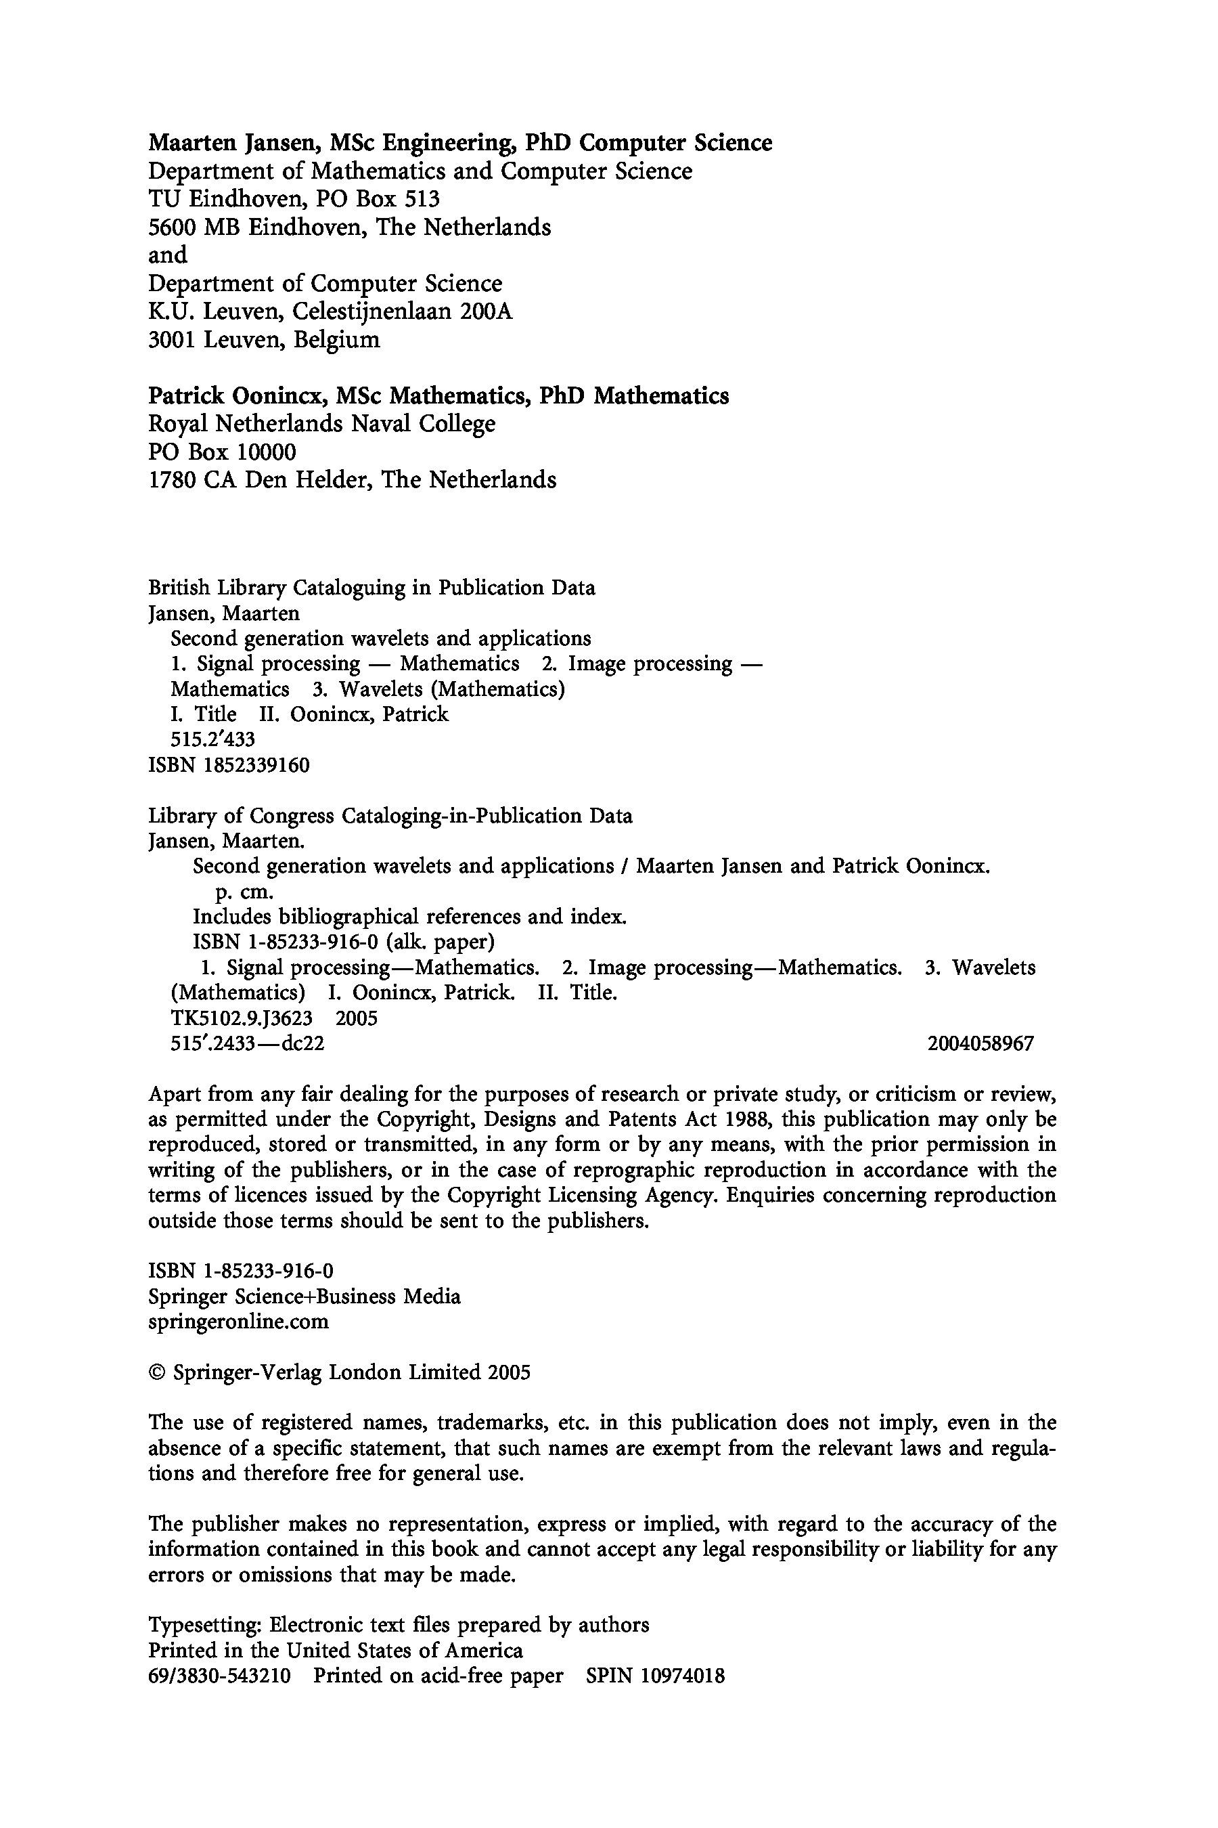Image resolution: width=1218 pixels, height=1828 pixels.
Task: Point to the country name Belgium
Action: tap(336, 341)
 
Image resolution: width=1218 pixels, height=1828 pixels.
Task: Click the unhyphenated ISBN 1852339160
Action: tap(256, 766)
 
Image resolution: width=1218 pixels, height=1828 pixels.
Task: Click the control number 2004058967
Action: tap(980, 1044)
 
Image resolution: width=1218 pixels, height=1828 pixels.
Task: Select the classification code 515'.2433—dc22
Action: tap(246, 1044)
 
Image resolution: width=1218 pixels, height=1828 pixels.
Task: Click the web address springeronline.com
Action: tap(238, 1322)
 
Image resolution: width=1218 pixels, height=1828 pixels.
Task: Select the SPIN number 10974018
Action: tap(683, 1676)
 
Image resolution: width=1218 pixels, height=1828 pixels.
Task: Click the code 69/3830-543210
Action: tap(219, 1676)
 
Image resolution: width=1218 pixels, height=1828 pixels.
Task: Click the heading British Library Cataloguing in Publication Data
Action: tap(371, 588)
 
